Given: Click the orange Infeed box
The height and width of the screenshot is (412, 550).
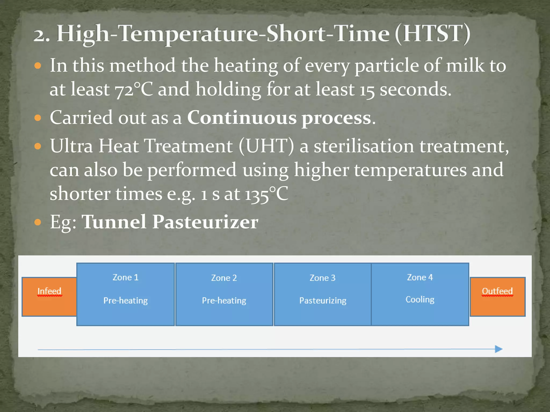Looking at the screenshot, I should (49, 297).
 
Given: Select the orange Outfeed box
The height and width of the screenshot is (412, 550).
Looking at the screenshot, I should (497, 297).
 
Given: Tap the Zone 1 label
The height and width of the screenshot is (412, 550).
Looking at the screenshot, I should (125, 277).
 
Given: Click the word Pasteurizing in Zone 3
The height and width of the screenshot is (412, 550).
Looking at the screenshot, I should (323, 300).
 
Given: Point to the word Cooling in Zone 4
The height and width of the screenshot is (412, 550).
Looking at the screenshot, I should (420, 299).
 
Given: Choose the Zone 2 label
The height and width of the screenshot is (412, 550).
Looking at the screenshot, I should (224, 278).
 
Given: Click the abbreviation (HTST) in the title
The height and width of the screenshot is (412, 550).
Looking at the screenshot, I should (433, 34).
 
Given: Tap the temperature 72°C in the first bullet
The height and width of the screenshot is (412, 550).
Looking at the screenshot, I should (134, 90).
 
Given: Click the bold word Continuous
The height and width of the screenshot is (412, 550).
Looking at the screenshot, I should (242, 118).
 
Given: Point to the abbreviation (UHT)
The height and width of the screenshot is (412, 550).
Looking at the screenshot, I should (266, 146).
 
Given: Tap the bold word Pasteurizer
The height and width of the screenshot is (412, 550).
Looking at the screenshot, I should (205, 222).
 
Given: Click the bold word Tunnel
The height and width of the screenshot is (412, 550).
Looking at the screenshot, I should (114, 222).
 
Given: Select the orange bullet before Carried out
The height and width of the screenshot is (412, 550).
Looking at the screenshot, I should (38, 118).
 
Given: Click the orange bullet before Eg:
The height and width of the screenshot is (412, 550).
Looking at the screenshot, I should (38, 222).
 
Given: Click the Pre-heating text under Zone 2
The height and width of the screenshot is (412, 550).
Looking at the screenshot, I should (224, 300).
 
